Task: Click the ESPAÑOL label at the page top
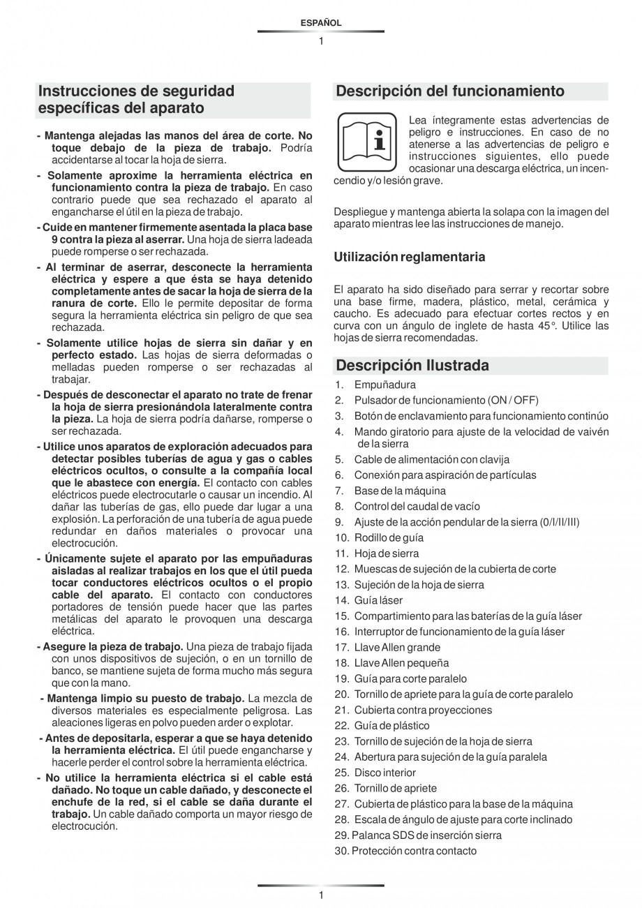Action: coord(321,23)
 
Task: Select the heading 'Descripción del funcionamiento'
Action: coord(450,91)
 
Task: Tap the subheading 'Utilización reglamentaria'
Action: coord(410,257)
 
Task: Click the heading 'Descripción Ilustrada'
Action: coord(412,366)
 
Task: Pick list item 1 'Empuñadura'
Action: coord(385,385)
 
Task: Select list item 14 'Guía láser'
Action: coord(378,600)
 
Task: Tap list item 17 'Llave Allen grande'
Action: coord(397,648)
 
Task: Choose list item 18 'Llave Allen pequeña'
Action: coord(401,663)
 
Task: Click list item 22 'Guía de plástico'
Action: coord(391,726)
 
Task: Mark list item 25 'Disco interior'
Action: coord(385,773)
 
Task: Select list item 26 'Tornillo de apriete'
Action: coord(395,789)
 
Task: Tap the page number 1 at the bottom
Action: coord(321,895)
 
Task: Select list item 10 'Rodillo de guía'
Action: coord(389,538)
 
